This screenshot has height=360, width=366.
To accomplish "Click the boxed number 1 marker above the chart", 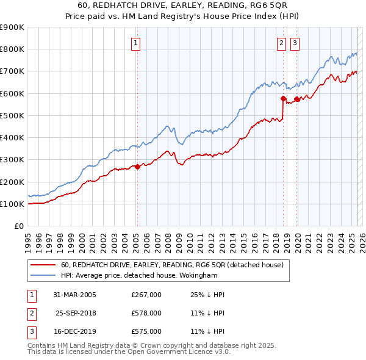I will (x=135, y=43).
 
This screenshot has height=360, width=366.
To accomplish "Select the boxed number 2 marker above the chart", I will (x=281, y=43).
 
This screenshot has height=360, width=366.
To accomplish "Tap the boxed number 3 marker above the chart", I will (x=295, y=43).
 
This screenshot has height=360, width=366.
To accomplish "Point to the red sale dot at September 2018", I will (x=284, y=98).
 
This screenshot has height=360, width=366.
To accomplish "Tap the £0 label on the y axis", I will (x=18, y=226).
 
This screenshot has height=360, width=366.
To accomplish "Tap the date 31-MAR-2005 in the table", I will (x=75, y=295).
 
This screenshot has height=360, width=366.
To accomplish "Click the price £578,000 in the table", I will (x=146, y=313).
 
